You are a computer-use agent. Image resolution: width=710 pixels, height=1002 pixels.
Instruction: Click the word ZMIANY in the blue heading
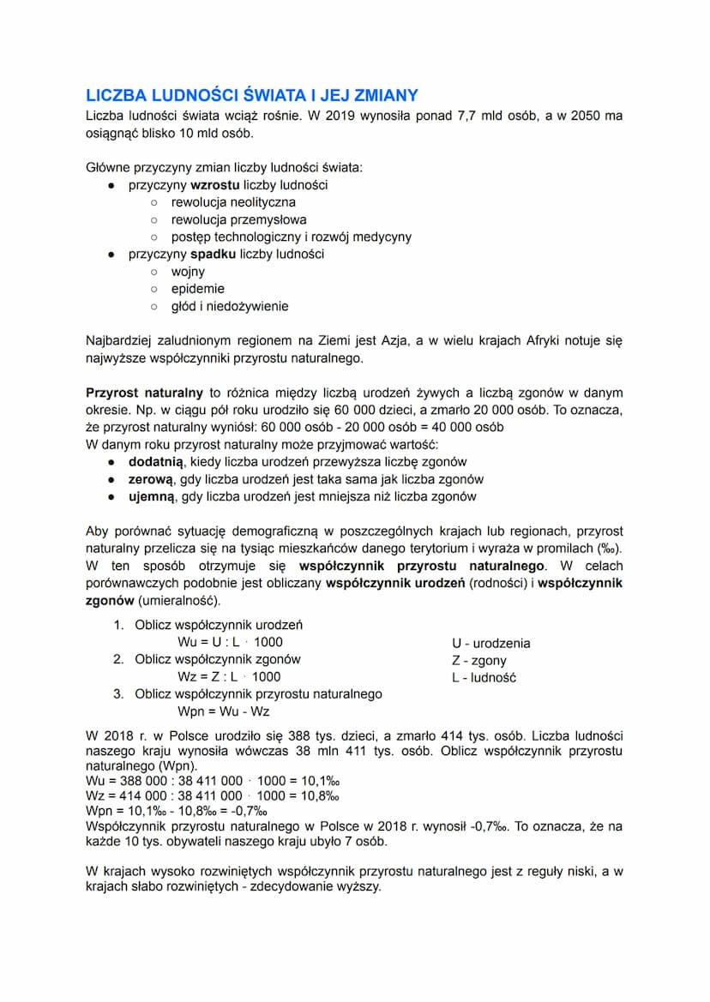tap(381, 95)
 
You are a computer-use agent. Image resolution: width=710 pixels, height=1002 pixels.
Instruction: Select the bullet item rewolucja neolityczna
tap(232, 202)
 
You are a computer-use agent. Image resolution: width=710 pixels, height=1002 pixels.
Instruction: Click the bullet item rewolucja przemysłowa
tap(238, 219)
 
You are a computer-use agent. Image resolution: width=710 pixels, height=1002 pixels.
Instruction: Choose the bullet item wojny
tap(188, 272)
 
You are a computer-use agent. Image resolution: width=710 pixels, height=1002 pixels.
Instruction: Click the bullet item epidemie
tap(197, 289)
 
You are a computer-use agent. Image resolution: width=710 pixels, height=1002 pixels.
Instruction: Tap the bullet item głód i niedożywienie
tap(230, 306)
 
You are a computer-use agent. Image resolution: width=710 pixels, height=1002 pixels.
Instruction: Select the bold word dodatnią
tap(156, 462)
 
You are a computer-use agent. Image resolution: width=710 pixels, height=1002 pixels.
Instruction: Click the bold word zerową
tap(151, 479)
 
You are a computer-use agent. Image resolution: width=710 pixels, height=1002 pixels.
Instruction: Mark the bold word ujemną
tap(152, 496)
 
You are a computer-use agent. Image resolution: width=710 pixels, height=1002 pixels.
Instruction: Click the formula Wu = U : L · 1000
tap(230, 642)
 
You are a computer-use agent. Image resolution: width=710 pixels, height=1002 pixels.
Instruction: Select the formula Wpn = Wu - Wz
tap(225, 711)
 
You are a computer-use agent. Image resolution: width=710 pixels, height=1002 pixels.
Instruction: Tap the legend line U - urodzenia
tap(490, 643)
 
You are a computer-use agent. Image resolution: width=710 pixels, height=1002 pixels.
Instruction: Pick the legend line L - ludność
tap(484, 678)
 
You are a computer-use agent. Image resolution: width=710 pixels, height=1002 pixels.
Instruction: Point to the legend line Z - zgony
tap(478, 660)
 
